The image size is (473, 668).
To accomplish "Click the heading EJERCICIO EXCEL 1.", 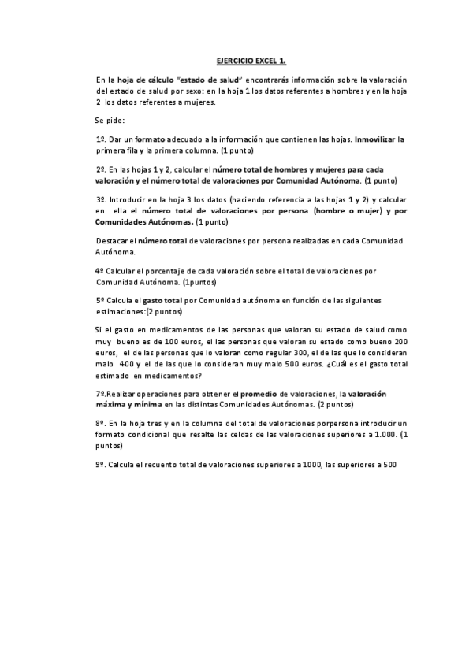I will (251, 61).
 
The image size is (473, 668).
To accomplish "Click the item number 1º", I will (100, 139).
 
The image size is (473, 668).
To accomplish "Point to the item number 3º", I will (100, 200).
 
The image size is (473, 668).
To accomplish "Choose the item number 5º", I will (100, 301).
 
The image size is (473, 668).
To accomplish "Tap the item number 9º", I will (100, 464).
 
